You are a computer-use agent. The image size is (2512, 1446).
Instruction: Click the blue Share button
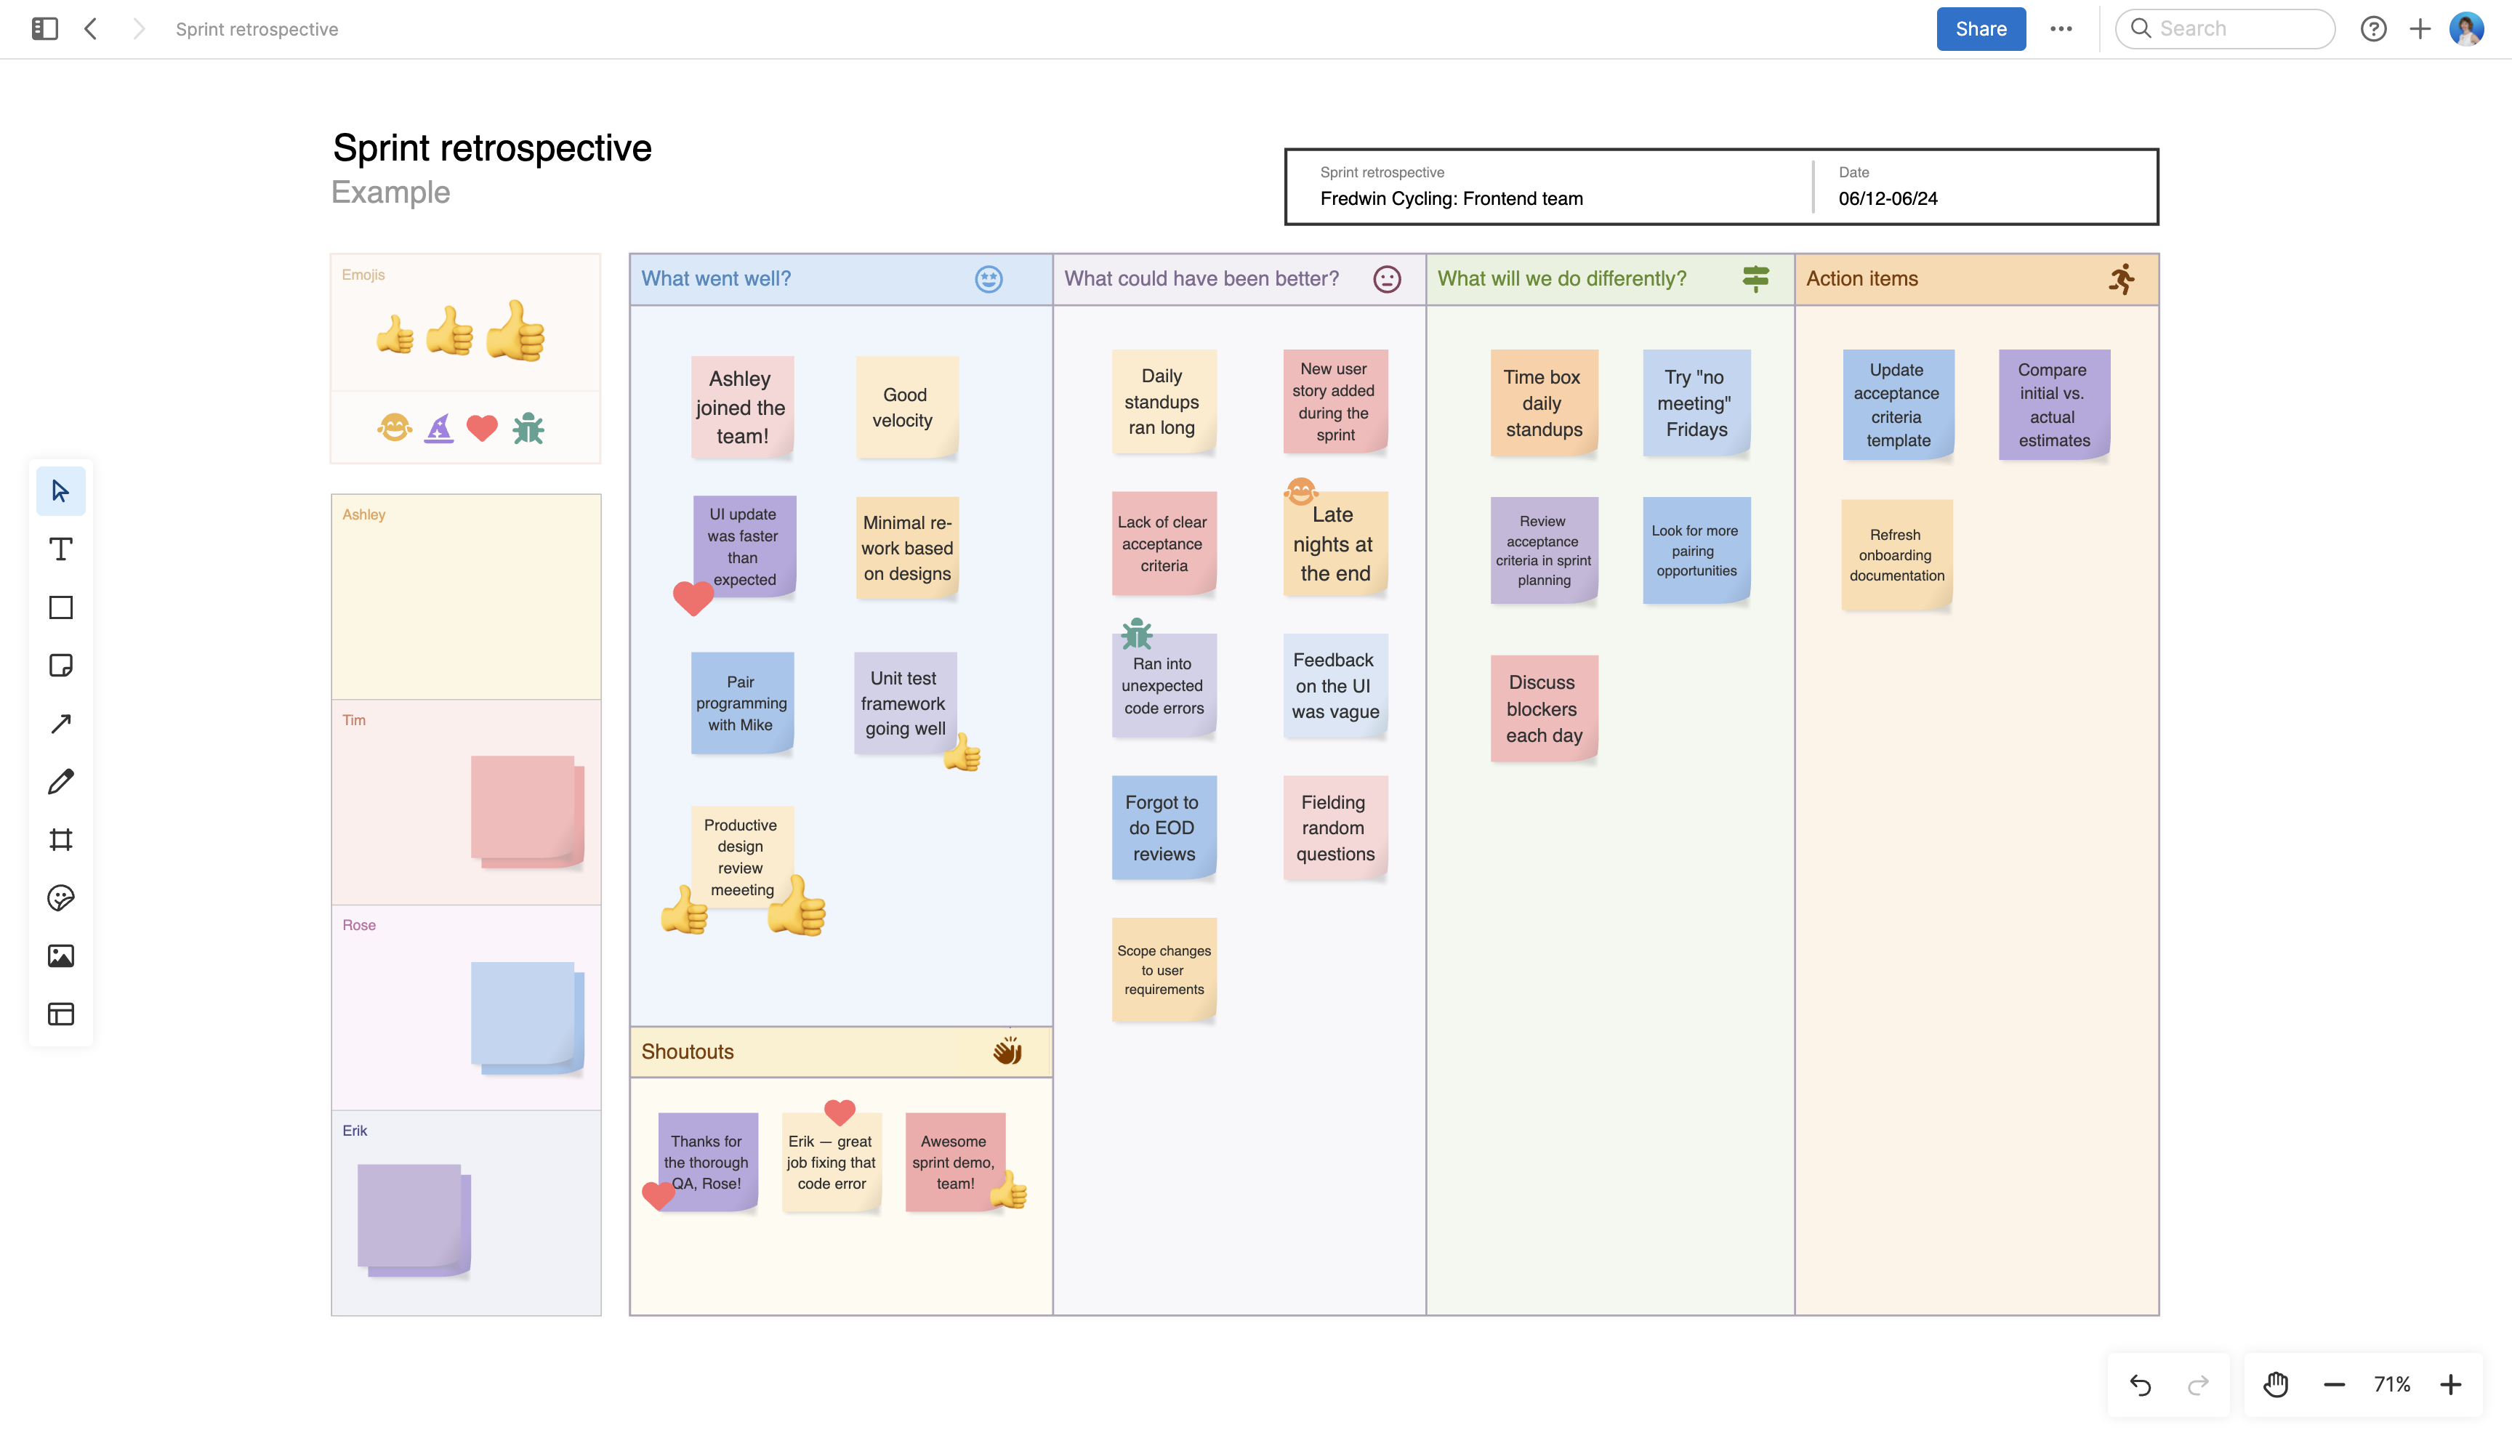(x=1980, y=29)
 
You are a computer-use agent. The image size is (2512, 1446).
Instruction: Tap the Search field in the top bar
(x=2235, y=29)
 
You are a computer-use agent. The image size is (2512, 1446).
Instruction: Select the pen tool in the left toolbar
(x=60, y=782)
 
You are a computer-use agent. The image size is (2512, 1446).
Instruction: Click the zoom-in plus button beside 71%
(x=2450, y=1384)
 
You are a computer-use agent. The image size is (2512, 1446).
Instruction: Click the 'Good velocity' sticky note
(x=905, y=407)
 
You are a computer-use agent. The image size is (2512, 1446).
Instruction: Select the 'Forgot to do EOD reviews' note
(x=1163, y=828)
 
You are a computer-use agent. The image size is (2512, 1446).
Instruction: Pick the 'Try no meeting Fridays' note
(x=1696, y=403)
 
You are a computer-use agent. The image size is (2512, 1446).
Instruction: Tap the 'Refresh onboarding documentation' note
(x=1896, y=554)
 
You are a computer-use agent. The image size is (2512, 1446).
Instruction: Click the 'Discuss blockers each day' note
(x=1542, y=708)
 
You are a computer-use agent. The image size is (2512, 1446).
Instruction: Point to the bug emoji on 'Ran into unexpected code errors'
(x=1136, y=633)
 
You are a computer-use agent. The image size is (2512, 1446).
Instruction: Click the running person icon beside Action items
(x=2121, y=279)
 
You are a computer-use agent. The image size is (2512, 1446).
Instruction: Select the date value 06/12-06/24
(x=1887, y=198)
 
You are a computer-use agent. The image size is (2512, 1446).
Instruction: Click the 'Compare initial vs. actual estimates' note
(x=2053, y=404)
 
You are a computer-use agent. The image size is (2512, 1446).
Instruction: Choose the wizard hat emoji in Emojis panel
(x=438, y=429)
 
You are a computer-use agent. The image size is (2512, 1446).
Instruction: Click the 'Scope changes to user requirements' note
(x=1163, y=969)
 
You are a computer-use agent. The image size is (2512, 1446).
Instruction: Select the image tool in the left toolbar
(x=60, y=956)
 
